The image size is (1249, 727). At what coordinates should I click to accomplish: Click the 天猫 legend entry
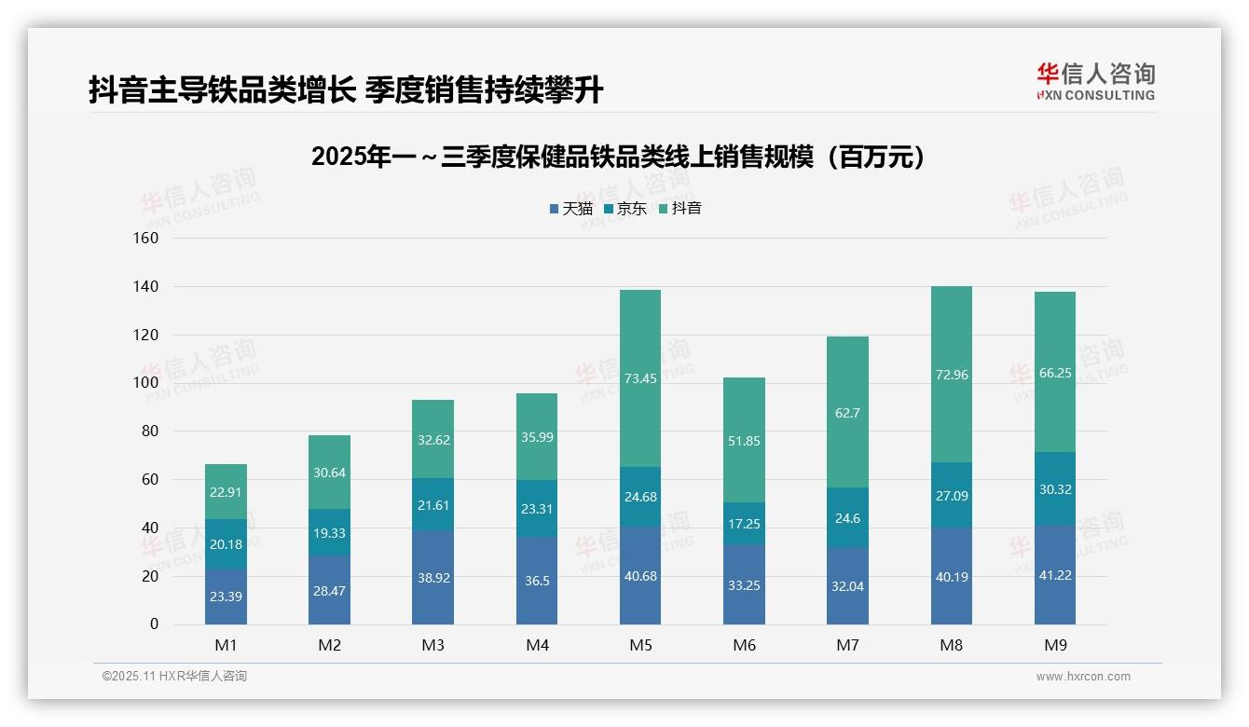point(570,209)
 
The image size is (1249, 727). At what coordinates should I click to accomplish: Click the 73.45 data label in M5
point(640,378)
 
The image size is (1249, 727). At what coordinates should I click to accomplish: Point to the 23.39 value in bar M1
point(226,597)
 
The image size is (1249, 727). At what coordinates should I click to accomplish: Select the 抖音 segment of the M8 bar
point(952,375)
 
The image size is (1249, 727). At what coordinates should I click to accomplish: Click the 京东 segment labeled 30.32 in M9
point(1055,488)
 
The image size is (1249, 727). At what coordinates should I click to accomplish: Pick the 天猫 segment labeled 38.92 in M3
point(433,578)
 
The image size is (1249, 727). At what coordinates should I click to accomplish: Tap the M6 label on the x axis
point(744,645)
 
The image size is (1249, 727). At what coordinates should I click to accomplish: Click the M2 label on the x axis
point(329,645)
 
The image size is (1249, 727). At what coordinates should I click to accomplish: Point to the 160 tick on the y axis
point(146,238)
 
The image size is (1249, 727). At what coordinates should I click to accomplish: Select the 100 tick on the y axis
point(146,383)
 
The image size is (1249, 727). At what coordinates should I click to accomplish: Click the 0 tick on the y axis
point(154,624)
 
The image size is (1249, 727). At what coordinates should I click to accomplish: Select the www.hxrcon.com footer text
point(1083,677)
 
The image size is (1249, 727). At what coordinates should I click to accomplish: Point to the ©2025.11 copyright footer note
point(174,677)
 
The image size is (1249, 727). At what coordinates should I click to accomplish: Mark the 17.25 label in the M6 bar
point(744,524)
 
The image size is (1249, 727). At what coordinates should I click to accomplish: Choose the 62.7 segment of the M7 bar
point(847,412)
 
